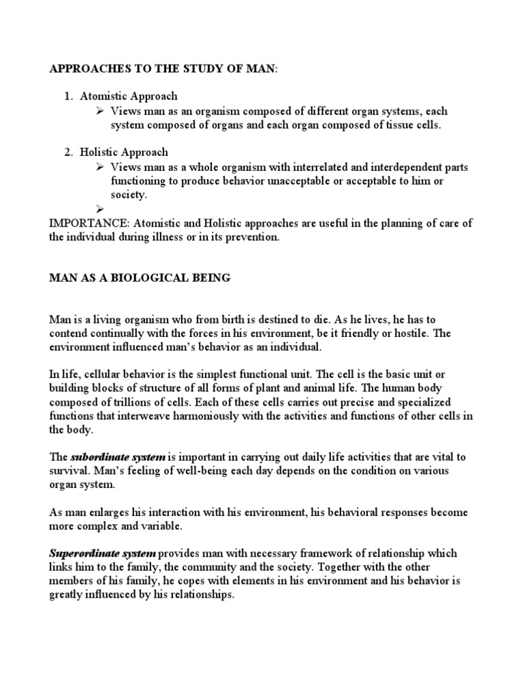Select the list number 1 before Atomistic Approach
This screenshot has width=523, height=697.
(68, 97)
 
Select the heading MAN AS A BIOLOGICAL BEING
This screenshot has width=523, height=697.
(140, 278)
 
